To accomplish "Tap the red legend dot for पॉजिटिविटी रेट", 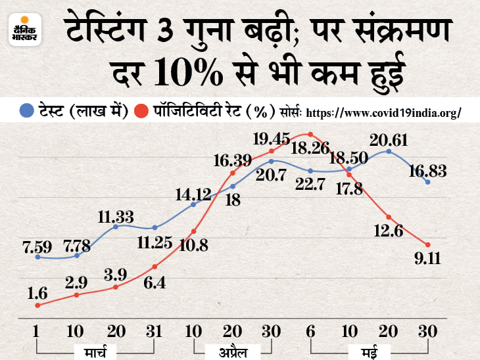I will click(139, 110).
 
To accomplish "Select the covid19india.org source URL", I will click(383, 112).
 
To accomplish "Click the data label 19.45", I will click(274, 139).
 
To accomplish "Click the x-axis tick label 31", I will click(154, 332).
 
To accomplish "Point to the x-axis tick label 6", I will click(310, 332).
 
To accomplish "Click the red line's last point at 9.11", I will click(428, 245).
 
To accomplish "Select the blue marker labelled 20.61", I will click(389, 152).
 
